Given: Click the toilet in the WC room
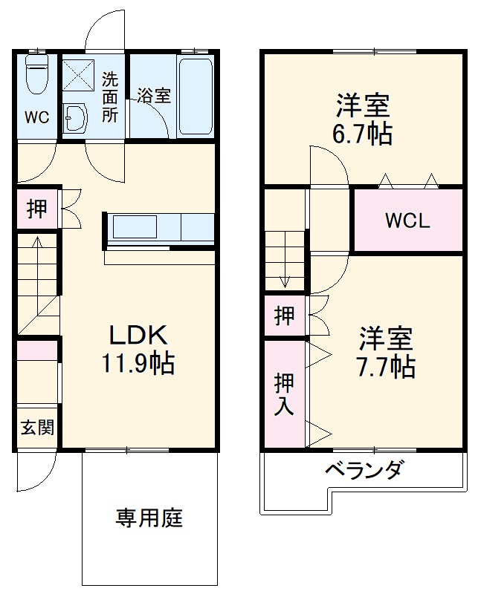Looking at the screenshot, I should tap(36, 74).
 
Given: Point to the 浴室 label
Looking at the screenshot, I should tap(153, 95).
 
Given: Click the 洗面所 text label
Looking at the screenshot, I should tap(110, 97).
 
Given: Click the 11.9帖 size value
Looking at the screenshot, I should tap(138, 363).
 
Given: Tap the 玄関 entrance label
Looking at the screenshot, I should tap(37, 428).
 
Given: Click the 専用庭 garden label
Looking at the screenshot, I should tap(149, 518).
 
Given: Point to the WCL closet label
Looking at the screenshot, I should tap(407, 221).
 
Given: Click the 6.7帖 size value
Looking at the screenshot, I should tap(362, 134).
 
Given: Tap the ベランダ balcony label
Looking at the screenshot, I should tap(364, 469).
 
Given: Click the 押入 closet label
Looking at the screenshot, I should tap(284, 394).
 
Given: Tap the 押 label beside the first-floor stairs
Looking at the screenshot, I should tap(36, 209).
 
